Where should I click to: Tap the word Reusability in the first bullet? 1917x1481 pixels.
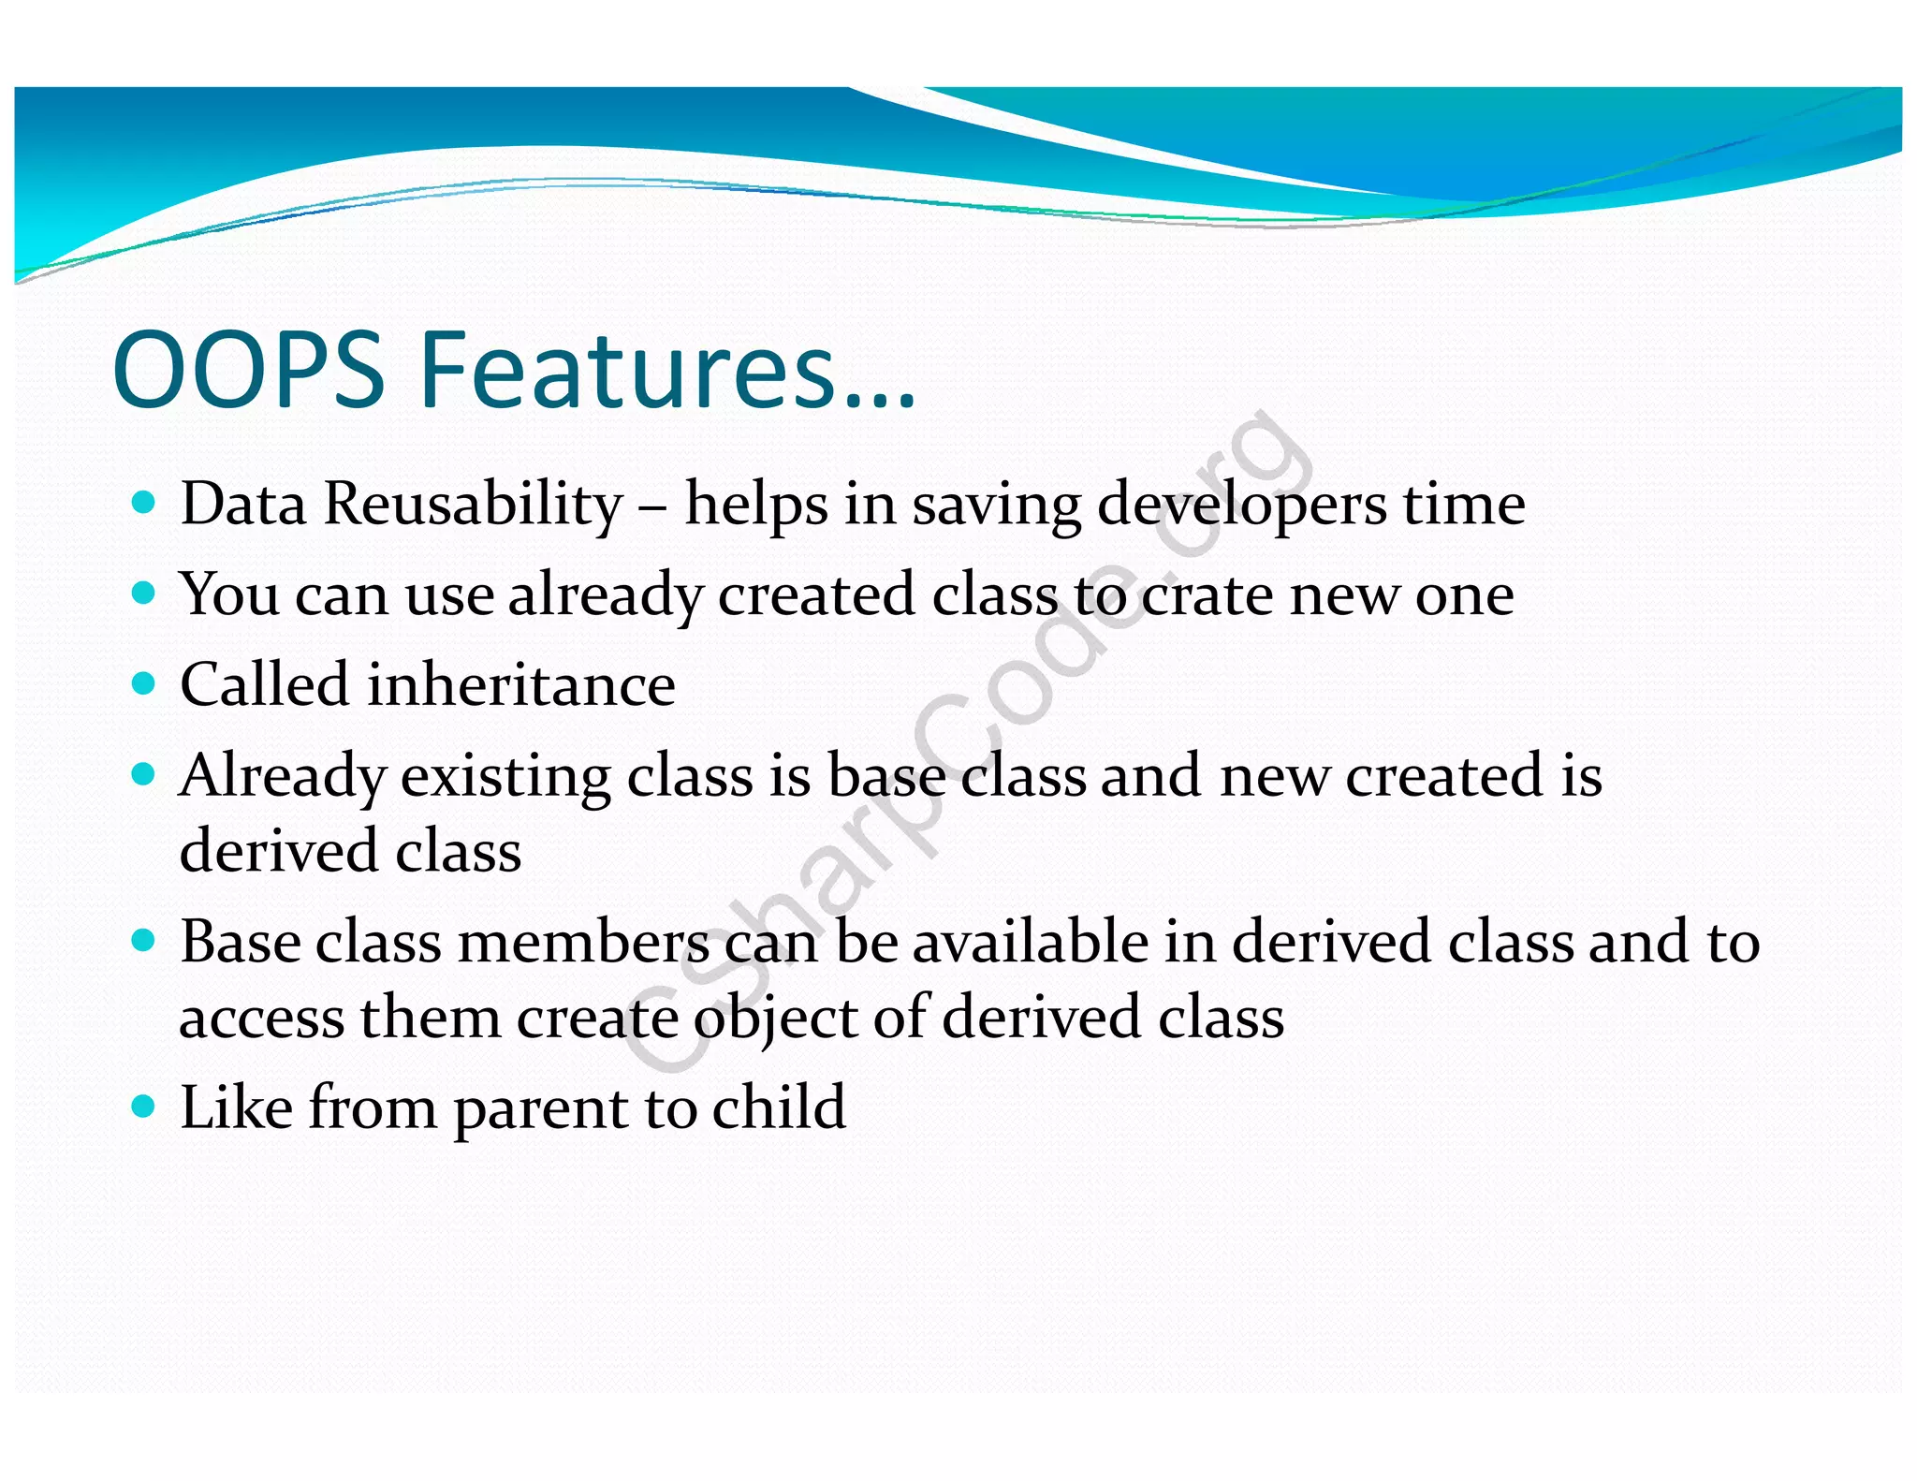(473, 505)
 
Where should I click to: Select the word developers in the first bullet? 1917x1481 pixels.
(1241, 505)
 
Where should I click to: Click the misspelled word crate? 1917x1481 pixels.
(1207, 594)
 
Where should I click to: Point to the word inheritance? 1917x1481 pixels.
(520, 684)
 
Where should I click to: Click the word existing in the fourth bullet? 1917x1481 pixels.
(505, 776)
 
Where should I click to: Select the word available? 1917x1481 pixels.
(1030, 942)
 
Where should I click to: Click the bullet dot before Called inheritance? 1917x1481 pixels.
(143, 683)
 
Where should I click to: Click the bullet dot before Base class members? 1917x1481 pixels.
(143, 941)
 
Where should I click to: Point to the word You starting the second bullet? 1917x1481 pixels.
(228, 594)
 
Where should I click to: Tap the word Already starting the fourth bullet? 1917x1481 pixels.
(282, 776)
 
